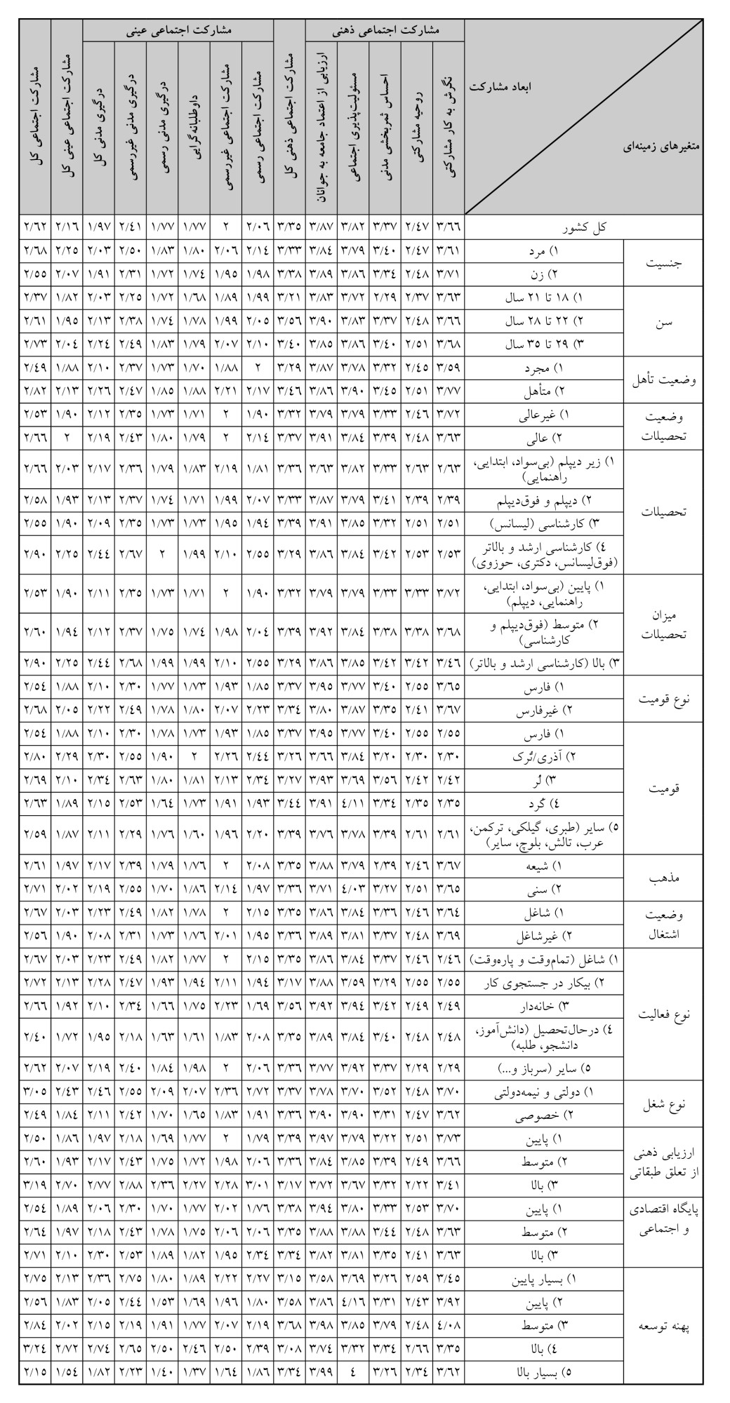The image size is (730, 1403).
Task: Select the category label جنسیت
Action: [x=663, y=263]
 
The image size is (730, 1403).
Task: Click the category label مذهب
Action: [x=663, y=878]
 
